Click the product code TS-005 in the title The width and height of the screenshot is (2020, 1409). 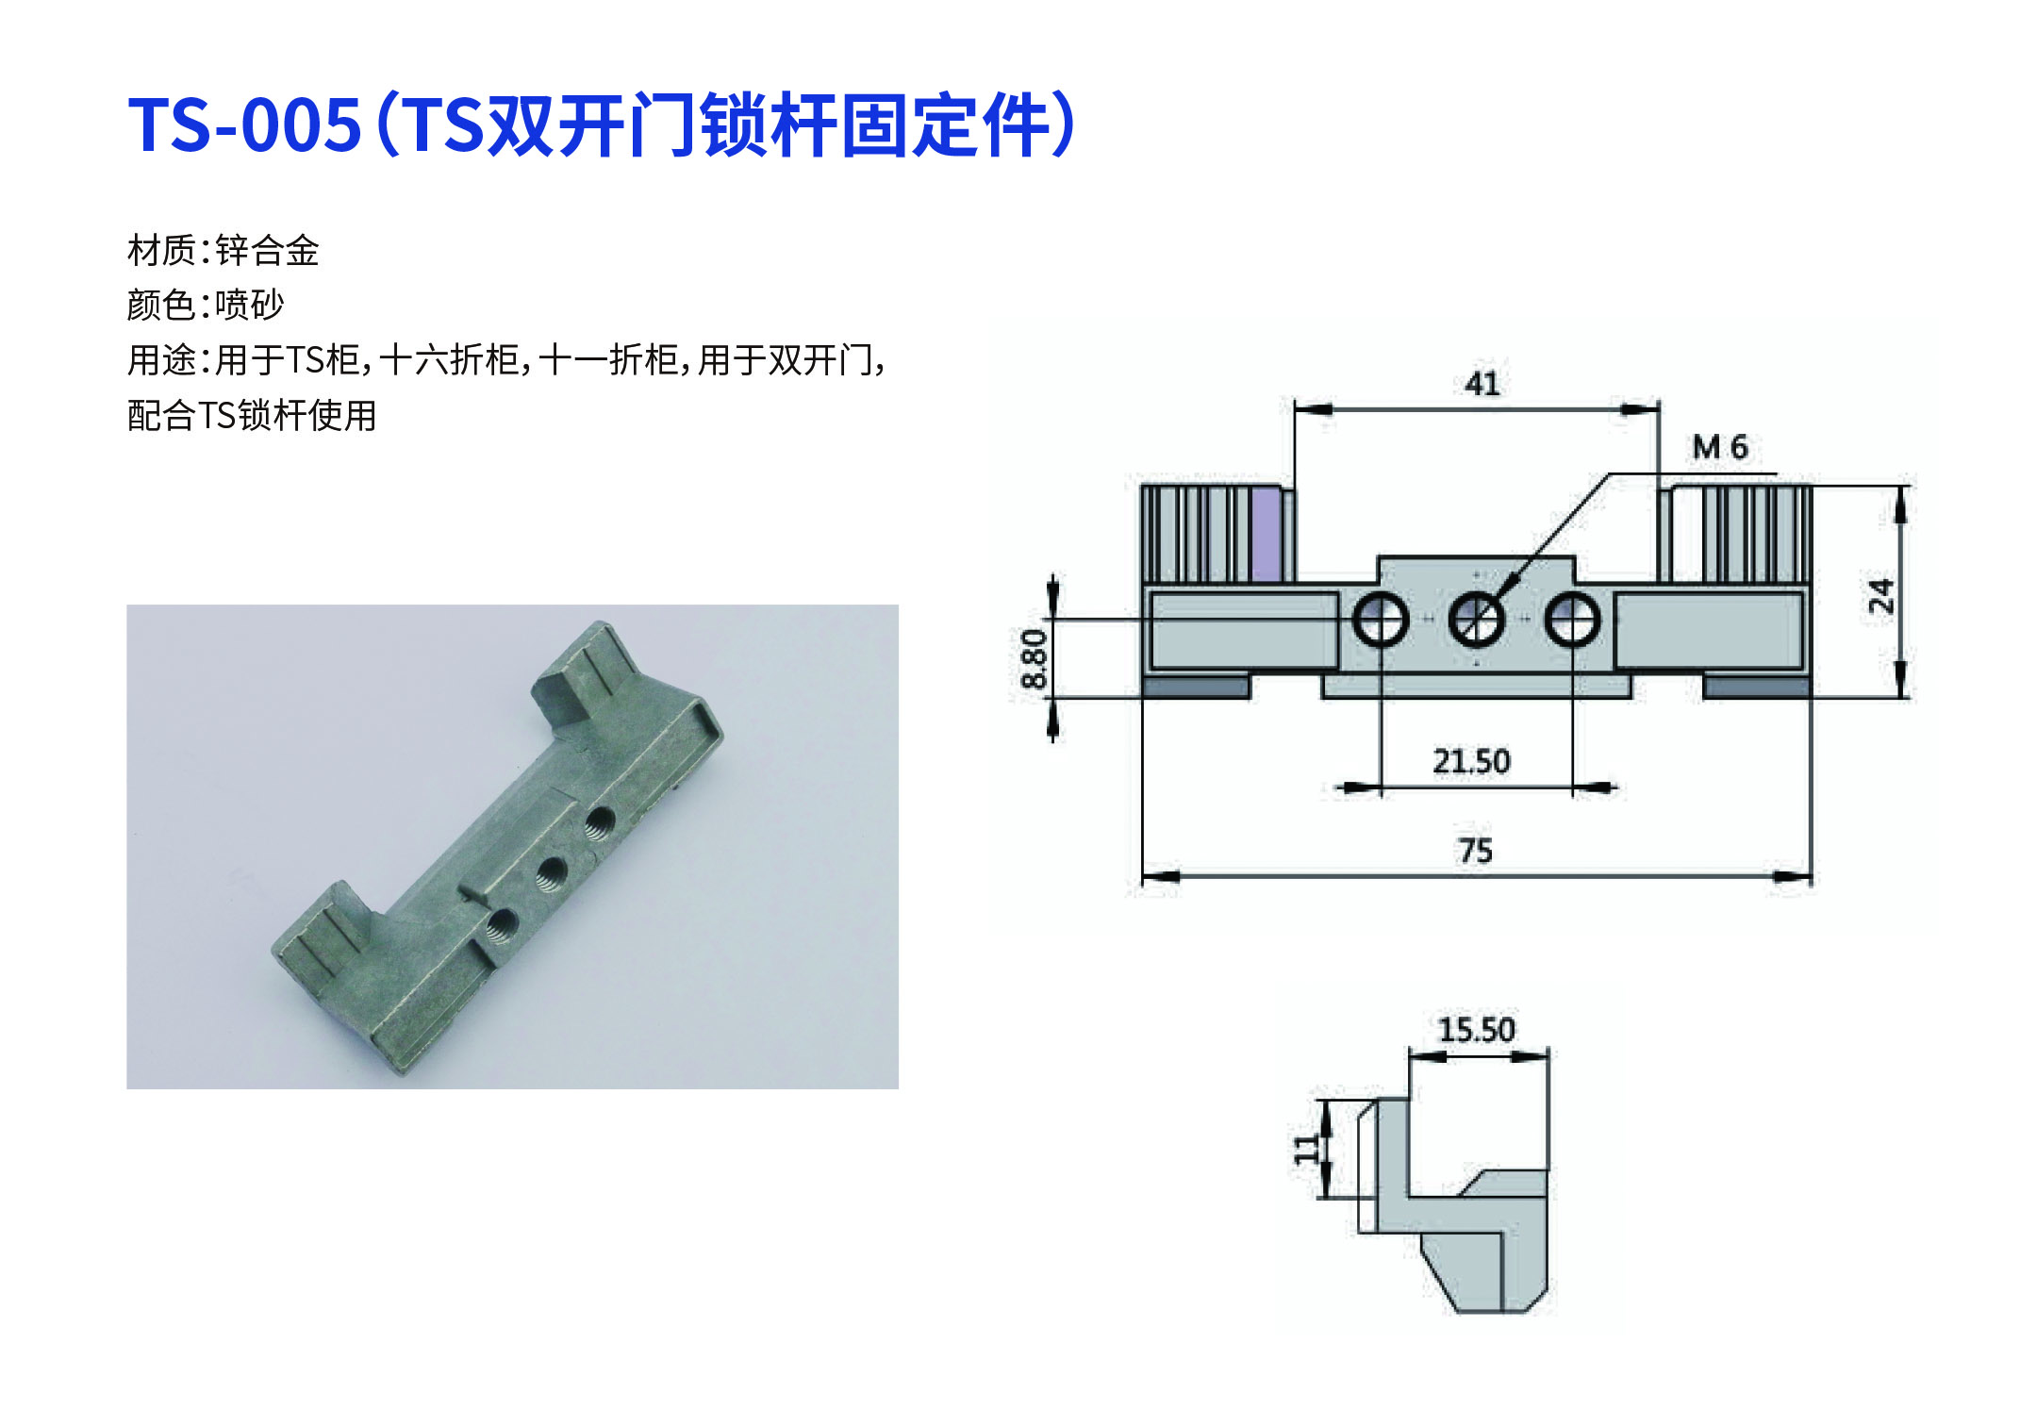[x=244, y=124]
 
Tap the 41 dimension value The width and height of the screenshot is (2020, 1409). [x=1482, y=384]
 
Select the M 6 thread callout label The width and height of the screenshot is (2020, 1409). [x=1720, y=447]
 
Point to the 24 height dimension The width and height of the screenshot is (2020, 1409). [x=1880, y=595]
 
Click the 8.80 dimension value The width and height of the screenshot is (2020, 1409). [x=1034, y=658]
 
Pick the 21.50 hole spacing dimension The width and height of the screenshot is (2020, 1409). [x=1471, y=760]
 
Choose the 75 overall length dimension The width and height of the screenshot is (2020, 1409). [x=1476, y=851]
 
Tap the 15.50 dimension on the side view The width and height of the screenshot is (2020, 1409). [x=1477, y=1029]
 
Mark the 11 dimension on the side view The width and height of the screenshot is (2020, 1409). [x=1306, y=1148]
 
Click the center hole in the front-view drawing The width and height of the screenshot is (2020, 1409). [x=1476, y=620]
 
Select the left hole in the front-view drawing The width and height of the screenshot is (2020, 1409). [x=1381, y=620]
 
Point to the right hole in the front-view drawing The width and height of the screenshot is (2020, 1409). [x=1572, y=620]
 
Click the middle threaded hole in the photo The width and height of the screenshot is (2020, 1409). [x=551, y=874]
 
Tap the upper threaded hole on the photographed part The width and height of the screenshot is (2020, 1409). [x=599, y=823]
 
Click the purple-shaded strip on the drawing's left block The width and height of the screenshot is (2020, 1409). [x=1265, y=534]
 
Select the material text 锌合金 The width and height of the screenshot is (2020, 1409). [x=268, y=251]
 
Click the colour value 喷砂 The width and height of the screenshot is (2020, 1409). [x=250, y=305]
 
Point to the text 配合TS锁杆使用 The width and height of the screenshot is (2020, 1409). [x=252, y=415]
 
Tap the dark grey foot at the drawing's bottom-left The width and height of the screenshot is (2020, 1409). [x=1196, y=687]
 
